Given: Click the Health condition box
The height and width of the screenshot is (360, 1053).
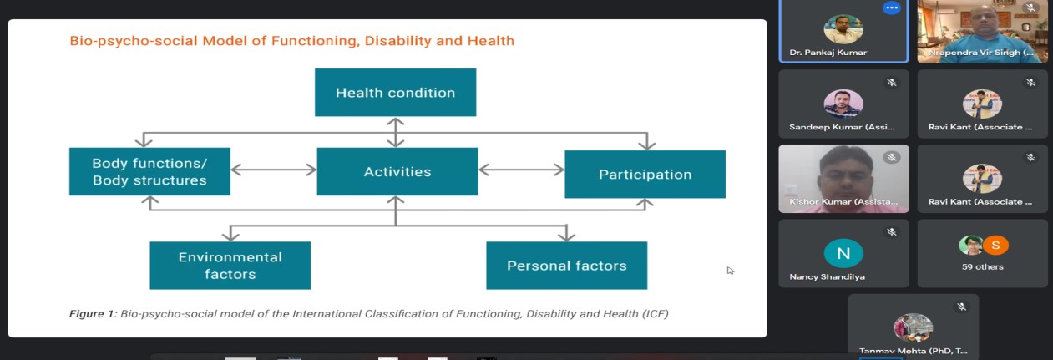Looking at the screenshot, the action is [x=395, y=92].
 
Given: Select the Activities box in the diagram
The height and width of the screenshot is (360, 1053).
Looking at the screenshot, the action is [x=397, y=171].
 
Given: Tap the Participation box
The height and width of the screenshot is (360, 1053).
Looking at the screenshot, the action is [x=645, y=175].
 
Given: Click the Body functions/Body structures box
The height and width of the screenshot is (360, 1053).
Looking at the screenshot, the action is [x=149, y=171].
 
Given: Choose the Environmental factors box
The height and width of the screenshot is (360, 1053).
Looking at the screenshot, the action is [x=230, y=266].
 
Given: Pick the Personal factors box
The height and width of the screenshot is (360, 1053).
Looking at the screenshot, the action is [x=566, y=266].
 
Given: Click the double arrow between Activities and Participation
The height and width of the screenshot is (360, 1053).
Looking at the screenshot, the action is [x=521, y=170].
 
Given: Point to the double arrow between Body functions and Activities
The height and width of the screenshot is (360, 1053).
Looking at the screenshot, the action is [x=274, y=170].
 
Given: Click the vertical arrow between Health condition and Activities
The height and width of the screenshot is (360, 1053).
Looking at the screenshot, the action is [x=396, y=132].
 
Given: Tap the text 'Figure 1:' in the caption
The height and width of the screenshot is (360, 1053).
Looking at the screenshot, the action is [x=93, y=313].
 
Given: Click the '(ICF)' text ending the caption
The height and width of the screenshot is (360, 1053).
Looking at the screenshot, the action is [x=656, y=313].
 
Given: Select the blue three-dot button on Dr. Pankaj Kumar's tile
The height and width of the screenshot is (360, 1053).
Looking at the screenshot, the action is [x=891, y=8].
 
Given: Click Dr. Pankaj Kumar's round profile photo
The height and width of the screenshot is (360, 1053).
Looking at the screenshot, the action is [x=843, y=29].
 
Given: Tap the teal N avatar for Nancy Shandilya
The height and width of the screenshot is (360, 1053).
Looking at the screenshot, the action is [x=843, y=253].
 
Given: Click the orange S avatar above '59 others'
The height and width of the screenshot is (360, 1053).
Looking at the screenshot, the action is [x=995, y=245].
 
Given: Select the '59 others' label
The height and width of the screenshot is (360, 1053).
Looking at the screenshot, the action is [x=983, y=266].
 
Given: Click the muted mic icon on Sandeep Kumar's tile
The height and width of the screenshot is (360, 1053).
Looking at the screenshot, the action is [x=891, y=83].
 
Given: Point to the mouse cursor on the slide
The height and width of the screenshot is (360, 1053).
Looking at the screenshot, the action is [x=730, y=271].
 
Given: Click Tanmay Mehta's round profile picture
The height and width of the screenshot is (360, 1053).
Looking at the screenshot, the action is [x=913, y=327].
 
